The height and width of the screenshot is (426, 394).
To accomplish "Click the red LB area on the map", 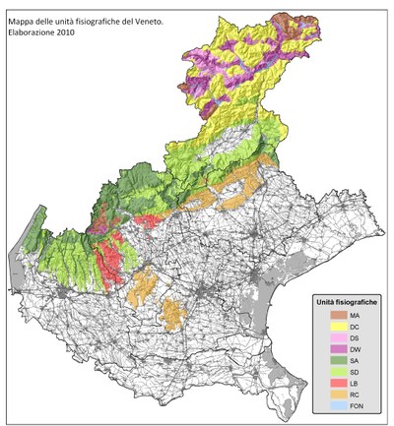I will [109, 252].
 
